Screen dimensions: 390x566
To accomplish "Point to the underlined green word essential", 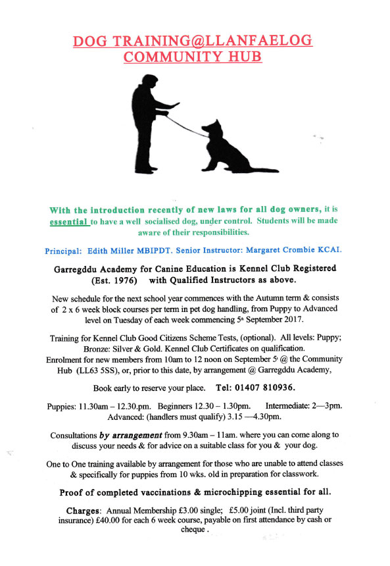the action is click(x=69, y=222).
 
